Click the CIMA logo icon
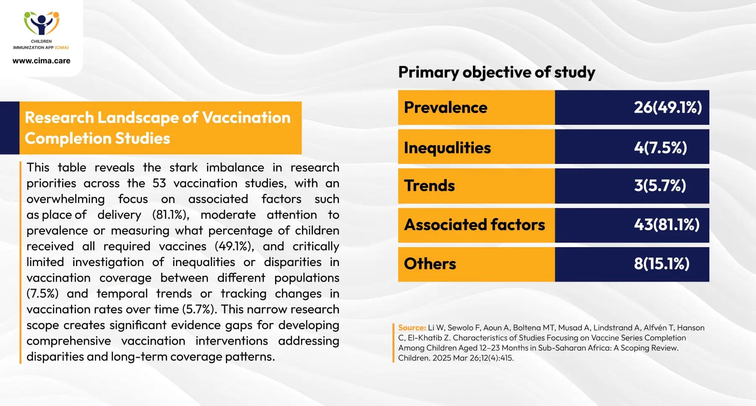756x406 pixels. (x=42, y=24)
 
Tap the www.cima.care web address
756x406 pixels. (x=42, y=61)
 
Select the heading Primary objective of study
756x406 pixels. (x=496, y=72)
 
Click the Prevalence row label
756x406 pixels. (x=446, y=108)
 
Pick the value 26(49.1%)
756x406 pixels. (x=668, y=108)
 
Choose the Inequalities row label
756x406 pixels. (x=447, y=148)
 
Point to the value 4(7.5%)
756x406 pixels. (x=660, y=148)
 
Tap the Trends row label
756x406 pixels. (x=429, y=186)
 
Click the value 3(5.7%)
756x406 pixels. (x=660, y=186)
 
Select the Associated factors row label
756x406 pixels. (x=475, y=225)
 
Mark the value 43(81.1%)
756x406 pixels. (x=667, y=225)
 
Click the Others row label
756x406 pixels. (x=430, y=264)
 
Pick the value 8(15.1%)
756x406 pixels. (x=661, y=264)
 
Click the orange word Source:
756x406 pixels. (x=412, y=328)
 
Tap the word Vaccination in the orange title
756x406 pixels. (x=246, y=118)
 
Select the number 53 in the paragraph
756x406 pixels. (x=159, y=183)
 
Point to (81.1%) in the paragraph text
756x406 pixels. (x=171, y=215)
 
